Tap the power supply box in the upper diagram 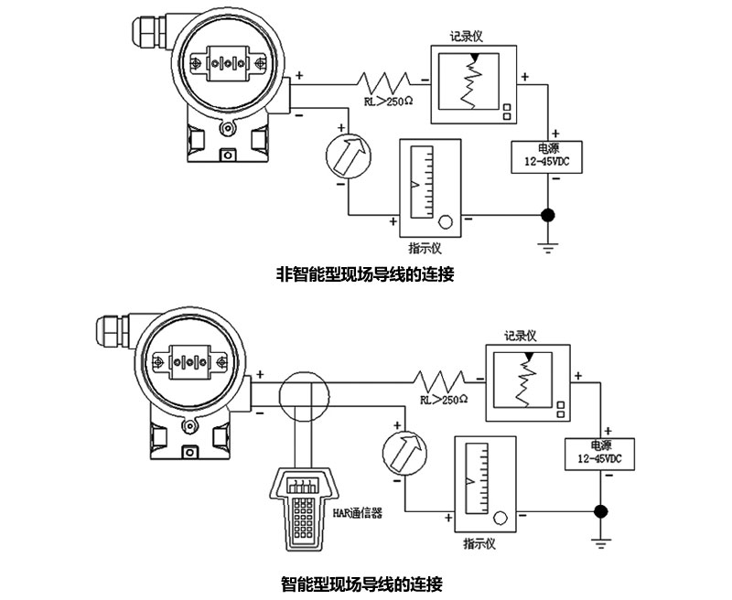pyautogui.click(x=547, y=155)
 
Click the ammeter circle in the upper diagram pyautogui.click(x=351, y=155)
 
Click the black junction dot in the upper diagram pyautogui.click(x=548, y=216)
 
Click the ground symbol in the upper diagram pyautogui.click(x=548, y=246)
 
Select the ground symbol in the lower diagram pyautogui.click(x=600, y=543)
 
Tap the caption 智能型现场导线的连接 pyautogui.click(x=365, y=583)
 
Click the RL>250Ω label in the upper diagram pyautogui.click(x=388, y=102)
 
